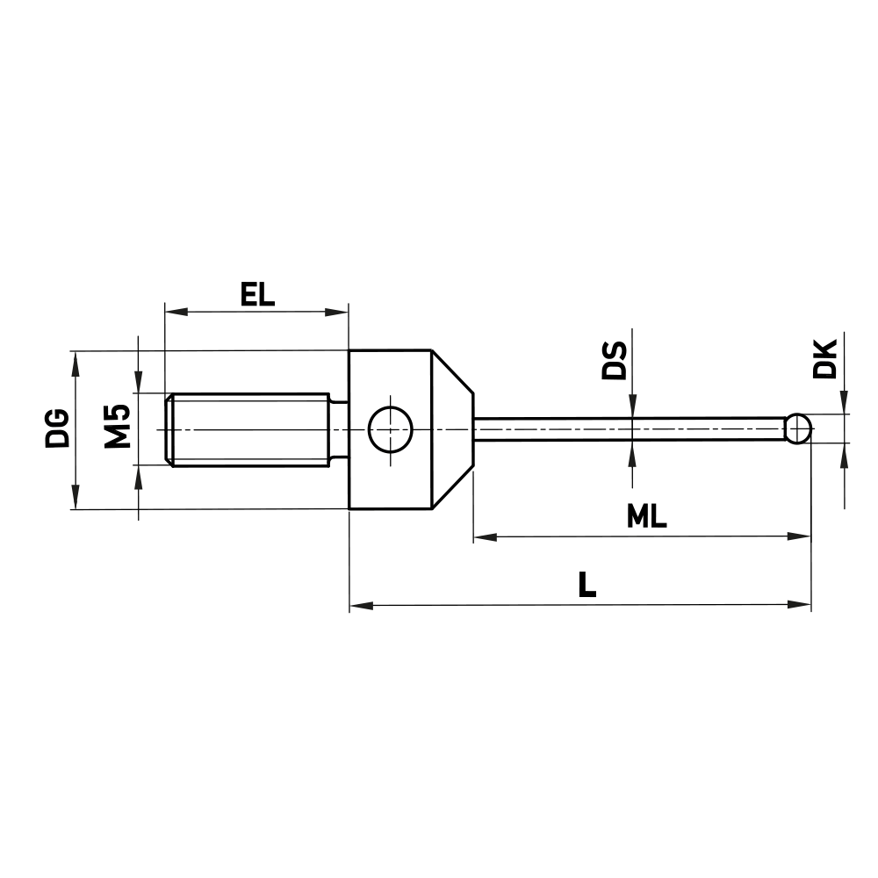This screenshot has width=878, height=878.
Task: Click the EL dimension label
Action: [257, 293]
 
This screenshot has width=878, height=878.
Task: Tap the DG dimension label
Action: [58, 428]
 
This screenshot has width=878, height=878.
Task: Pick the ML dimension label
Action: [647, 517]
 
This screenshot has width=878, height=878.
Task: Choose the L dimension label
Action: [587, 585]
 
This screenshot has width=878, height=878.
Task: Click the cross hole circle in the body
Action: [391, 429]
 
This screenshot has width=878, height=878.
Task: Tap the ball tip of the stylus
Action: [797, 429]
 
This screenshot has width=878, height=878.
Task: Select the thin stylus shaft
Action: [628, 429]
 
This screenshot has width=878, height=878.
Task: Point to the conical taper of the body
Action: [452, 429]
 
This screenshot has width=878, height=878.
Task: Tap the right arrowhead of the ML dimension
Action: [800, 535]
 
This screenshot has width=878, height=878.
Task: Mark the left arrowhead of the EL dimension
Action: [173, 311]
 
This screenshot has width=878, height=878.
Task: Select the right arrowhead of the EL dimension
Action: [339, 311]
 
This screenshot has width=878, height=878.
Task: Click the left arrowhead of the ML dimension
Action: [483, 535]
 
